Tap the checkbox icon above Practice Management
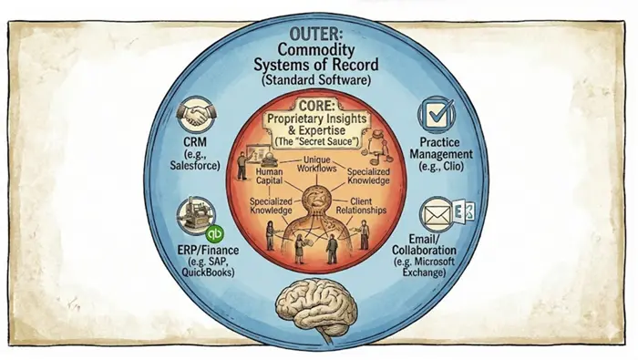[x=437, y=114]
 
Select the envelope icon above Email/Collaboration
[x=437, y=214]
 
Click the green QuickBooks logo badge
[x=214, y=234]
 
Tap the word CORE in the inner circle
[x=317, y=106]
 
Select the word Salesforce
[x=195, y=166]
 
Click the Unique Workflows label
[x=317, y=164]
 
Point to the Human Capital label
[x=270, y=176]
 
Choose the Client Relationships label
[x=361, y=206]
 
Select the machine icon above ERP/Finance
[x=196, y=216]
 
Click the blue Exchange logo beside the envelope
[x=464, y=211]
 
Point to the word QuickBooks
[x=208, y=273]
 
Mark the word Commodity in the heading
[x=315, y=49]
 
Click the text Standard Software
[x=315, y=79]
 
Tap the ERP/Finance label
[x=208, y=250]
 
